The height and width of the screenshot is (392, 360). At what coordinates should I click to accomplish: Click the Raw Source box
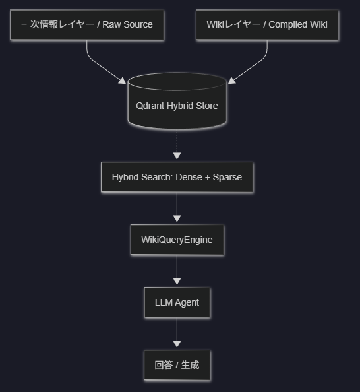tap(87, 25)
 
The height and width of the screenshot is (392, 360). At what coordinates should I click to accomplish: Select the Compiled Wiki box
tap(267, 25)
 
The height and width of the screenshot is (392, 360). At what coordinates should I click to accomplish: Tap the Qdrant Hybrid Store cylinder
tap(177, 101)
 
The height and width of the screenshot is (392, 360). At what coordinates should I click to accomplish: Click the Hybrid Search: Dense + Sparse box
tap(177, 177)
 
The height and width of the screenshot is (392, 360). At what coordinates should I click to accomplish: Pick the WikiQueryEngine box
tap(177, 240)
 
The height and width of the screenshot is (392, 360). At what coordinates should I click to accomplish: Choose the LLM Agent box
tap(177, 302)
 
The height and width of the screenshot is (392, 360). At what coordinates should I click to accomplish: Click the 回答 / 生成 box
tap(177, 365)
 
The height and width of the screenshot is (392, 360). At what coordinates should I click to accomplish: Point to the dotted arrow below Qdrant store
tap(177, 145)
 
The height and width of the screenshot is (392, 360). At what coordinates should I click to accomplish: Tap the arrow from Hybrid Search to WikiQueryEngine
tap(177, 207)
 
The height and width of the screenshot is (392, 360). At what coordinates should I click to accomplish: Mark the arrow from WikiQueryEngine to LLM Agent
tap(177, 270)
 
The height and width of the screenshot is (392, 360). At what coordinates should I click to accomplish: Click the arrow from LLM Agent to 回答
tap(177, 333)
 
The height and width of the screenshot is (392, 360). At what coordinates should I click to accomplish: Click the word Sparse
tap(227, 178)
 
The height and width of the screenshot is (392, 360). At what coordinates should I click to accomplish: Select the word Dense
tap(189, 177)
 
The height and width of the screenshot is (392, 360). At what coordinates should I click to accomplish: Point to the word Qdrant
tap(150, 106)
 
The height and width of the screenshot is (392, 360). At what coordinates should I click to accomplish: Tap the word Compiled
tap(287, 25)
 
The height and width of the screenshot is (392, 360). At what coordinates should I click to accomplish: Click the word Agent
tap(187, 303)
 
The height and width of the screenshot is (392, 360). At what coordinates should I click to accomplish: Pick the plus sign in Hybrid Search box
tap(207, 178)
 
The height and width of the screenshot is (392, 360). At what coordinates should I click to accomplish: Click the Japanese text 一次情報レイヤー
tap(57, 24)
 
